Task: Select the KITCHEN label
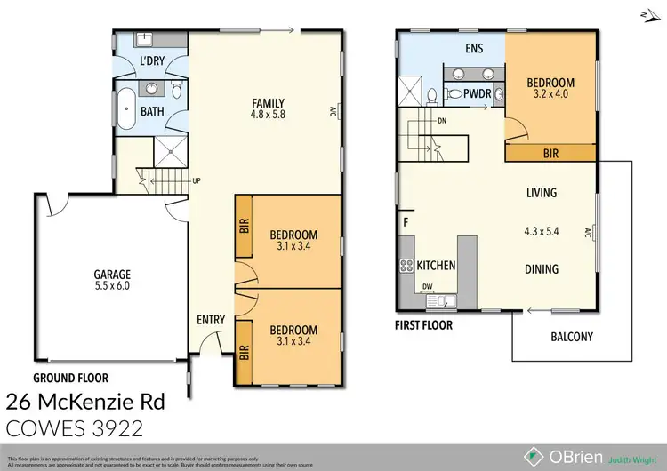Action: (437, 266)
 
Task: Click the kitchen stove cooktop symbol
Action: (406, 265)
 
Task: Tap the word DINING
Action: (541, 269)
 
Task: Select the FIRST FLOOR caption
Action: (423, 325)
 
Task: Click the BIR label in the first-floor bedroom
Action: (551, 154)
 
